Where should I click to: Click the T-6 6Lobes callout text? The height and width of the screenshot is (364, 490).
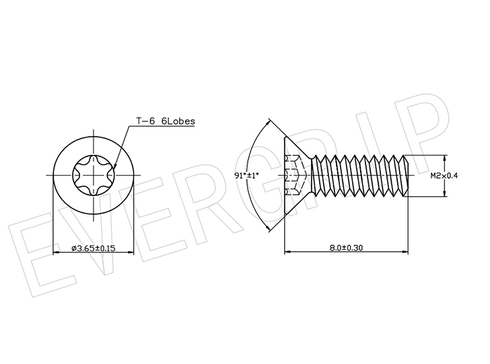(x=166, y=121)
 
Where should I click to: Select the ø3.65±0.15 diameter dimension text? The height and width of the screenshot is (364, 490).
(x=94, y=248)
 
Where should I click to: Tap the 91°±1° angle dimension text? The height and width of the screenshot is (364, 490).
(x=246, y=175)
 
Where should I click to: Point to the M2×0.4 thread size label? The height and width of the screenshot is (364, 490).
(x=444, y=175)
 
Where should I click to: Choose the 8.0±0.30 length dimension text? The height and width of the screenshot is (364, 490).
(x=346, y=247)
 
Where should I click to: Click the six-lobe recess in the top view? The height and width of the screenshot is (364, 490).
(x=94, y=175)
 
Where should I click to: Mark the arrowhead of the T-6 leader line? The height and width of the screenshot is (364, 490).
(x=114, y=166)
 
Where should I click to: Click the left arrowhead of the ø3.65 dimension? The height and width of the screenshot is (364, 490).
(x=57, y=252)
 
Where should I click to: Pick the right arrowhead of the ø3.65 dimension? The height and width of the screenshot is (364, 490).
(x=131, y=252)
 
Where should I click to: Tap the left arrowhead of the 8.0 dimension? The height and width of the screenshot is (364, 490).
(x=288, y=251)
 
